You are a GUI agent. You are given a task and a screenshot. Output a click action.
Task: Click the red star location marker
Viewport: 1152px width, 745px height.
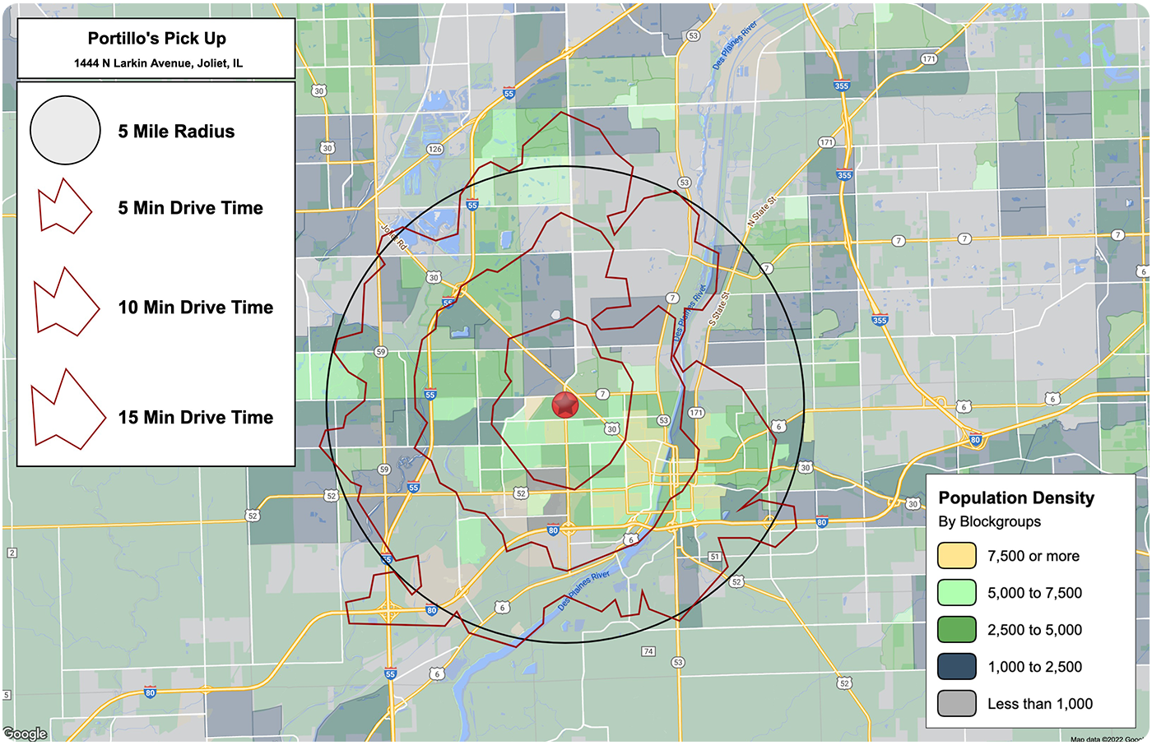pyautogui.click(x=565, y=405)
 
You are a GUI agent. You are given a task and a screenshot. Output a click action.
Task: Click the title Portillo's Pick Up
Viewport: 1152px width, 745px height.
pyautogui.click(x=156, y=39)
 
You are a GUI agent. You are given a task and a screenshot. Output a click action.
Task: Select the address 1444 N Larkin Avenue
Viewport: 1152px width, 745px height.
pyautogui.click(x=158, y=63)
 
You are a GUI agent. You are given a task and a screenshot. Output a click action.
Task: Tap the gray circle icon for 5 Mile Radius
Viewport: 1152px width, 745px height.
pyautogui.click(x=65, y=131)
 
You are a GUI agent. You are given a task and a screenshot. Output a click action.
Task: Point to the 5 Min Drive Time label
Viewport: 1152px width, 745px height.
pyautogui.click(x=190, y=208)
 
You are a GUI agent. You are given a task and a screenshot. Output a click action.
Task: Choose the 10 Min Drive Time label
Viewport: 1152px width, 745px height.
pyautogui.click(x=195, y=308)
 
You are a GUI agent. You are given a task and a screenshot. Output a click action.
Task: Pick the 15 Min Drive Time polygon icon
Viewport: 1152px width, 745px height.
pyautogui.click(x=67, y=410)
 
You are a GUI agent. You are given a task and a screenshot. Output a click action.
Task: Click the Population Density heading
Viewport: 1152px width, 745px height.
pyautogui.click(x=1016, y=497)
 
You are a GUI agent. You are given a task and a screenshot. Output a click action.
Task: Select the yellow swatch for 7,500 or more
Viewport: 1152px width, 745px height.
pyautogui.click(x=956, y=556)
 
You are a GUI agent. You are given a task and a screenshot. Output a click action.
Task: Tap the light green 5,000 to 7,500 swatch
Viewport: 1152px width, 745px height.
pyautogui.click(x=956, y=593)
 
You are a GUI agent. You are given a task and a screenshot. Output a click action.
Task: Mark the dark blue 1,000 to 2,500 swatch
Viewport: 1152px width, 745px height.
pyautogui.click(x=956, y=667)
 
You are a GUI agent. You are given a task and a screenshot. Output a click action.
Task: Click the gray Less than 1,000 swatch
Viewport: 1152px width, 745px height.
pyautogui.click(x=956, y=704)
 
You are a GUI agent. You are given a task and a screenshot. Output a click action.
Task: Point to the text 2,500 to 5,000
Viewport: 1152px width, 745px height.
pyautogui.click(x=1034, y=630)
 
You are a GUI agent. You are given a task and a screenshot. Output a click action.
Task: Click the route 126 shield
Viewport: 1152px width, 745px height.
pyautogui.click(x=434, y=149)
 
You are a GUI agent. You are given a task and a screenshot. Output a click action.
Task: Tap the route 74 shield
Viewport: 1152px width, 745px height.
pyautogui.click(x=648, y=651)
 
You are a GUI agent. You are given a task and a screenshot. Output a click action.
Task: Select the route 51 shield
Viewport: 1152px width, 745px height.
pyautogui.click(x=714, y=557)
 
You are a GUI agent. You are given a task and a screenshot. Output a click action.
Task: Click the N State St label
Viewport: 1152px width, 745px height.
pyautogui.click(x=761, y=212)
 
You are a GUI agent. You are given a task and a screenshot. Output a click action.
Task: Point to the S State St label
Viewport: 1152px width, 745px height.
pyautogui.click(x=718, y=307)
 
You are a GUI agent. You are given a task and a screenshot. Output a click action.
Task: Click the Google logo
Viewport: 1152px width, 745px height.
pyautogui.click(x=25, y=733)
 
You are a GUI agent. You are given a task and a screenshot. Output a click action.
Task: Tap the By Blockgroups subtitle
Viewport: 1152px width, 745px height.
pyautogui.click(x=989, y=521)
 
